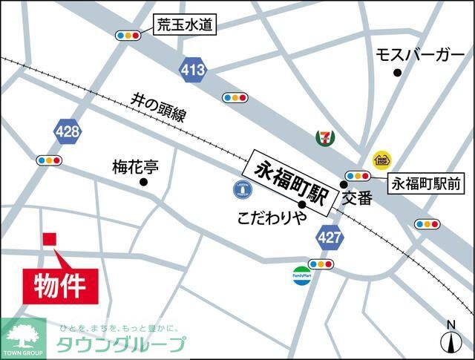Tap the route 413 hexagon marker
point(193,71)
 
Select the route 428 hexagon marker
point(68,132)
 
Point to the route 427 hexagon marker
point(328,238)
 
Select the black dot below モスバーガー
point(398,72)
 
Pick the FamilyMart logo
point(301,275)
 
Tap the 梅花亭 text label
point(135,166)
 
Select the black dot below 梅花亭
point(143,182)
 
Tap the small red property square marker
point(49,239)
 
